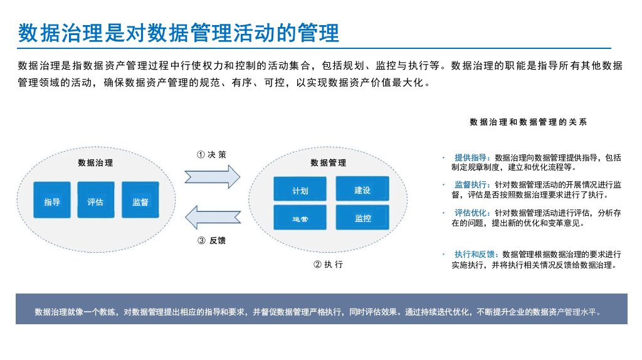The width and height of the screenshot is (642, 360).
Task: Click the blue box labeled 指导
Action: (52, 200)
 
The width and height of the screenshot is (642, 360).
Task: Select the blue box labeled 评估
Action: (96, 200)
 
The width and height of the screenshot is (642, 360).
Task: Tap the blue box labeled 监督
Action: (140, 200)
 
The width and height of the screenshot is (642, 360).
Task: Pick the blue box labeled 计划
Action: (300, 189)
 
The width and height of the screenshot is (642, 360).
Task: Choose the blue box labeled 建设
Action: (362, 188)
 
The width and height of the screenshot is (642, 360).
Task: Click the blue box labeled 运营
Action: (300, 218)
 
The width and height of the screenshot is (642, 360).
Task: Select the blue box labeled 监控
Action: (362, 217)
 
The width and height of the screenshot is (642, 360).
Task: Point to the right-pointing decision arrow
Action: (212, 176)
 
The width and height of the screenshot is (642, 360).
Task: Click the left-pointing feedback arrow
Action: (213, 217)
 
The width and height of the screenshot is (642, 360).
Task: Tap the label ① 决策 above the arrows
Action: (211, 154)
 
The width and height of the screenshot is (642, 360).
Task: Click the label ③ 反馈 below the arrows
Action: (212, 240)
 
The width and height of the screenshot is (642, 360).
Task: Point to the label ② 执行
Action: (329, 265)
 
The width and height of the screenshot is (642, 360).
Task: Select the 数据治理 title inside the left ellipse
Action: (95, 163)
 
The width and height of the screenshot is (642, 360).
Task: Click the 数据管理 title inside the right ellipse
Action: (329, 163)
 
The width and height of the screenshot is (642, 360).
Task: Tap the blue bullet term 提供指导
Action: (470, 157)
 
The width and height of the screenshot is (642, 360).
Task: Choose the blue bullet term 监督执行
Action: (470, 185)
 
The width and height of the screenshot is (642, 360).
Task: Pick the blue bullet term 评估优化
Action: (470, 213)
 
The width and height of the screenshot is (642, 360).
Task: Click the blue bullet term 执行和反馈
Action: (475, 255)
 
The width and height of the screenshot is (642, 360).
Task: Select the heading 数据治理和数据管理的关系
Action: (528, 122)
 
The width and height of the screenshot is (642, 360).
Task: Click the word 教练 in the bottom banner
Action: (108, 312)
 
